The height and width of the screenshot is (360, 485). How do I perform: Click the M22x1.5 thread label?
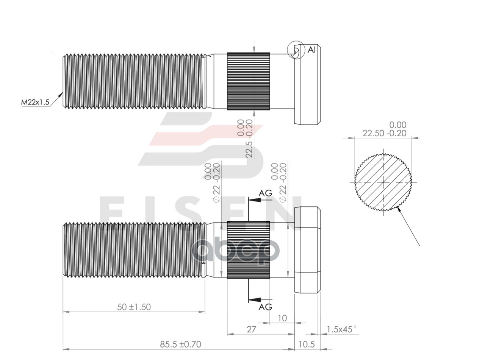click(35, 102)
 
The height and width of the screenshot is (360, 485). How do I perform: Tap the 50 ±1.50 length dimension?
click(134, 307)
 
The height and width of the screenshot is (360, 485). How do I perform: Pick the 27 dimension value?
click(251, 329)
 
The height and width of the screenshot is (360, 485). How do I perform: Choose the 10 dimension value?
click(282, 318)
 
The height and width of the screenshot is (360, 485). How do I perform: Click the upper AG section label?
click(265, 193)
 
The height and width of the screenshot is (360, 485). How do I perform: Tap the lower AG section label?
click(265, 307)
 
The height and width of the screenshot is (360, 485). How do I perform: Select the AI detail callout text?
click(311, 50)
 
